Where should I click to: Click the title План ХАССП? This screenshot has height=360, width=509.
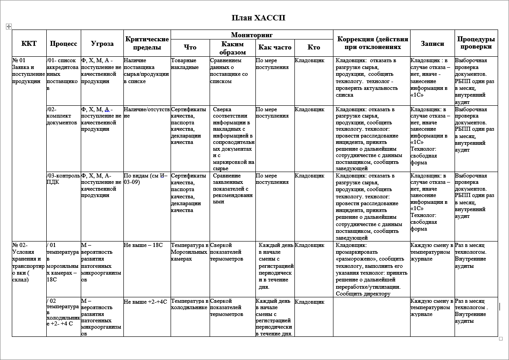click(x=258, y=18)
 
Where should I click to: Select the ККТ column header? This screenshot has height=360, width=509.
click(x=29, y=44)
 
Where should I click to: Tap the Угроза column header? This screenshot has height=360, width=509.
click(x=102, y=44)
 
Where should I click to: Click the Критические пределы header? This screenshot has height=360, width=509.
click(x=147, y=43)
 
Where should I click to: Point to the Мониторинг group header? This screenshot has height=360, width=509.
click(x=252, y=35)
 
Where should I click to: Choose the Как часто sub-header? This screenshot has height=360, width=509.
click(x=275, y=47)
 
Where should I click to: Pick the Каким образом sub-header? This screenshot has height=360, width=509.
click(x=233, y=48)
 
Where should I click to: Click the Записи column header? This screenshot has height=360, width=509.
click(x=432, y=44)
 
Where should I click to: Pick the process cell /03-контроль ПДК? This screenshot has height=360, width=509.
click(x=63, y=179)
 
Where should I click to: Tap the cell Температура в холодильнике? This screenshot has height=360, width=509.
click(x=190, y=304)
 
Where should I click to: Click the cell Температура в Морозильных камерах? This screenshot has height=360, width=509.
click(x=190, y=252)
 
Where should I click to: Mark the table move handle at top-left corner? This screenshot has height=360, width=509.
click(x=8, y=27)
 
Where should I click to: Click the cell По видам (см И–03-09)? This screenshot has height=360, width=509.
click(x=146, y=179)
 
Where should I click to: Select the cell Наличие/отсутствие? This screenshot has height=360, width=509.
click(x=147, y=113)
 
